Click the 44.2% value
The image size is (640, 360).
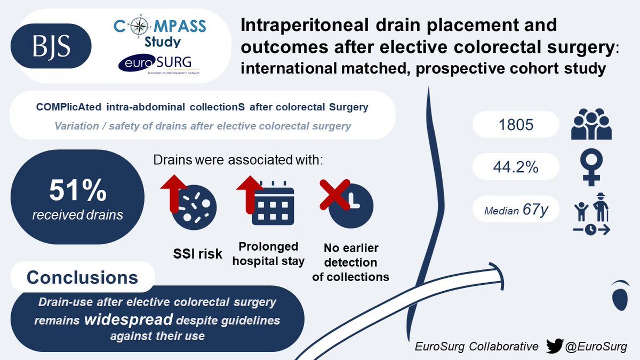515,168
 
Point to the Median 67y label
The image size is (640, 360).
515,210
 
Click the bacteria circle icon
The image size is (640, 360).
196,205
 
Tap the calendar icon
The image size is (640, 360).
273,205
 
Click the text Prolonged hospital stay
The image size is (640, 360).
272,254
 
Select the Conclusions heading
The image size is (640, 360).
82,277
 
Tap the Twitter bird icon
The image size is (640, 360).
556,347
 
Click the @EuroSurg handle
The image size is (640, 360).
597,347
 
